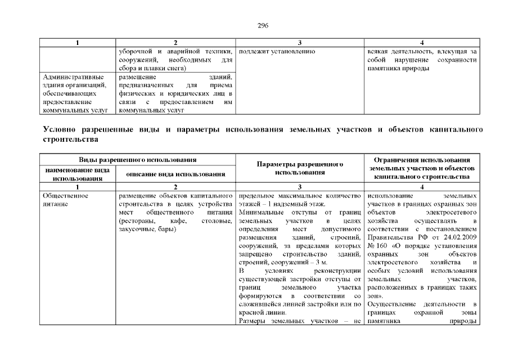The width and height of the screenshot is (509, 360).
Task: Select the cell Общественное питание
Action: tap(65, 200)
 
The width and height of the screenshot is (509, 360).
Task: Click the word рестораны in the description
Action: tap(136, 222)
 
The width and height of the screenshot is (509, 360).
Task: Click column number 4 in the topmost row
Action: tap(422, 43)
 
